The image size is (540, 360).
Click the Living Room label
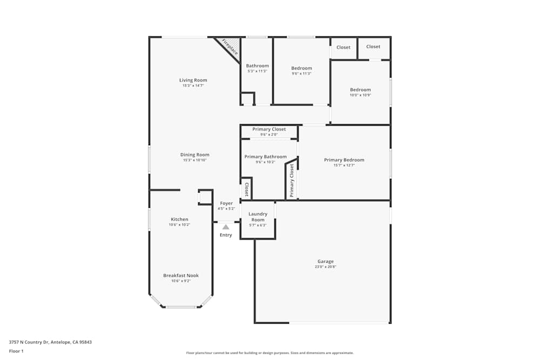click(x=193, y=80)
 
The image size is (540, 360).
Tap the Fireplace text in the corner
click(x=230, y=47)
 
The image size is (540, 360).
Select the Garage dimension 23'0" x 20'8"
click(x=325, y=267)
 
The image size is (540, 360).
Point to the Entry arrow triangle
click(x=226, y=227)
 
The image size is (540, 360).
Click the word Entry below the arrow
click(x=226, y=235)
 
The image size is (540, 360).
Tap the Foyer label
click(x=226, y=203)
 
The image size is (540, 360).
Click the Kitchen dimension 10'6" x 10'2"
click(x=179, y=225)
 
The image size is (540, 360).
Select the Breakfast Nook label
click(x=181, y=275)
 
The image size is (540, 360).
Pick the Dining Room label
click(x=194, y=155)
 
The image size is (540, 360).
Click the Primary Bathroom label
click(x=265, y=157)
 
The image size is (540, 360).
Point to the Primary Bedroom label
click(x=344, y=160)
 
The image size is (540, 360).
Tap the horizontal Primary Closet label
click(x=269, y=130)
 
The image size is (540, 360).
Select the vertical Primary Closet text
click(x=292, y=180)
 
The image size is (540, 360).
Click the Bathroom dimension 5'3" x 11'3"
click(x=257, y=71)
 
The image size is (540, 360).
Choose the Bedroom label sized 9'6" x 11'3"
click(x=301, y=68)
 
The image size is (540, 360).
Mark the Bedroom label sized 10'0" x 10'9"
click(x=360, y=90)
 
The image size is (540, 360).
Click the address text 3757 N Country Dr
click(x=29, y=342)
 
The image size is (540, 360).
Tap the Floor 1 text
click(x=17, y=351)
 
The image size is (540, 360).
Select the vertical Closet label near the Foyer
click(x=247, y=189)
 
